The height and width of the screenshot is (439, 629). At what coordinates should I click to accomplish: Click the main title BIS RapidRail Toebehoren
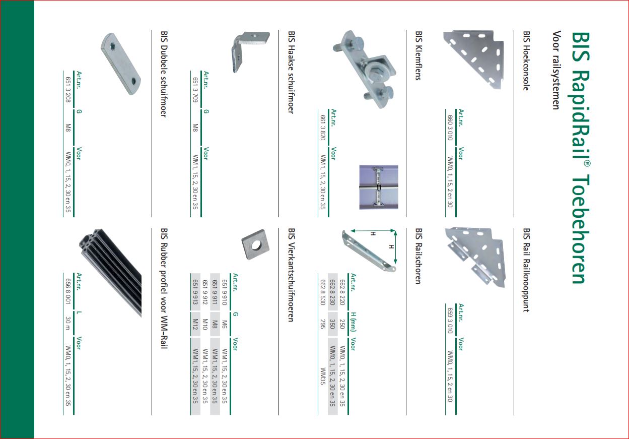581,158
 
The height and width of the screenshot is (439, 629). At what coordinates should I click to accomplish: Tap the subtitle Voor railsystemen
556,70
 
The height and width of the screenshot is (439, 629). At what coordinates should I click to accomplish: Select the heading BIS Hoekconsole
526,60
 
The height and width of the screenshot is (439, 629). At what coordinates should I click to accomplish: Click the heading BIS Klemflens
418,55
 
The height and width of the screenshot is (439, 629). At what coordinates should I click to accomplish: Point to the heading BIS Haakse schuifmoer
291,72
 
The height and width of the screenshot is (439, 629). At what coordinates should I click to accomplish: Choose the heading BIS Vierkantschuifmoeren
291,275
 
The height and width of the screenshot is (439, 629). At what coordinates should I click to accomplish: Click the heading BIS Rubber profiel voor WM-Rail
164,288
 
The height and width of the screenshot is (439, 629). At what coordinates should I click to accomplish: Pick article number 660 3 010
450,128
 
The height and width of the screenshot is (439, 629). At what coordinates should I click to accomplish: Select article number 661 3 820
323,128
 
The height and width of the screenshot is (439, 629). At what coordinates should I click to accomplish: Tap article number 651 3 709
195,90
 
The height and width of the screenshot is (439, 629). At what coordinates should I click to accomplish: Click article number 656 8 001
68,291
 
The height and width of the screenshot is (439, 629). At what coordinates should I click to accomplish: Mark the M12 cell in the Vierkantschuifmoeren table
195,324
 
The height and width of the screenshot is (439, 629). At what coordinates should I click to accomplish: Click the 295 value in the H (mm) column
323,324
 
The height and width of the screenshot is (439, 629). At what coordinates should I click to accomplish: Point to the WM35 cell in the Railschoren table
323,376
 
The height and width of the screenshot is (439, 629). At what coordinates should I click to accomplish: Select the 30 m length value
68,323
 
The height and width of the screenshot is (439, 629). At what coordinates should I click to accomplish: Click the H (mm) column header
353,322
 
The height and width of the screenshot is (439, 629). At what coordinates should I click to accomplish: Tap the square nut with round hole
255,245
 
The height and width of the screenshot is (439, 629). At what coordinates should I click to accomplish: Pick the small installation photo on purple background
379,187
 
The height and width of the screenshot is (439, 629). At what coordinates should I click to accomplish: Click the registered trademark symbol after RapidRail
587,164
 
